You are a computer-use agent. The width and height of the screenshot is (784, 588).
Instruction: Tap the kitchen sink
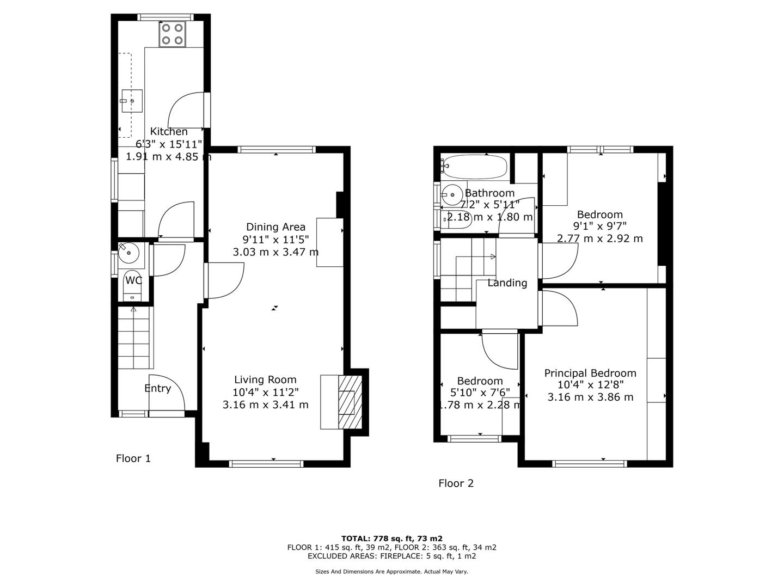click(132, 101)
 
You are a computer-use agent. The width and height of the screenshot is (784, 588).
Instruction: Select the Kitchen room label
click(169, 131)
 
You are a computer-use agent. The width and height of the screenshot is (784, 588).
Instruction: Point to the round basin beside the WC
click(128, 253)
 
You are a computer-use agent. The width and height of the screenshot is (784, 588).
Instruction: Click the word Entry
click(157, 388)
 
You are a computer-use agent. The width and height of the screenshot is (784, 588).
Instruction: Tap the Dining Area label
click(275, 227)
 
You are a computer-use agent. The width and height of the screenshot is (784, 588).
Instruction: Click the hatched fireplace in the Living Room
click(350, 402)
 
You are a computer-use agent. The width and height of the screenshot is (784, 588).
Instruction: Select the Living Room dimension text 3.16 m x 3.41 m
click(265, 405)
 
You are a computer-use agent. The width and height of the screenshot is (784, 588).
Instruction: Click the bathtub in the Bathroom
click(474, 167)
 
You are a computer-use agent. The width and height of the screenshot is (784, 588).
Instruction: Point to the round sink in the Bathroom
click(452, 194)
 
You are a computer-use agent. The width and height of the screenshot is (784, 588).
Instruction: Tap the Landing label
click(507, 283)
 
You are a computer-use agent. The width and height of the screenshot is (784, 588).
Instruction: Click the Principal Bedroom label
click(590, 373)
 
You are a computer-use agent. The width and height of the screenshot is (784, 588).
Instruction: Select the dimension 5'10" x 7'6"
click(480, 393)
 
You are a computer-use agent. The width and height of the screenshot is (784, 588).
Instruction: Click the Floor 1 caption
click(133, 458)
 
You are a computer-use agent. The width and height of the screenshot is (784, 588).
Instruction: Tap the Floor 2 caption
click(456, 483)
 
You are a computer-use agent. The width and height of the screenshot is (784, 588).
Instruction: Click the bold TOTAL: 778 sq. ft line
click(392, 538)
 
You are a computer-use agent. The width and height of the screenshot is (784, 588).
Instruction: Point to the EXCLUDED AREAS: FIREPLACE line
click(392, 556)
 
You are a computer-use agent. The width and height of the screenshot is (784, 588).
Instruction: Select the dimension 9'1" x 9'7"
click(599, 226)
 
